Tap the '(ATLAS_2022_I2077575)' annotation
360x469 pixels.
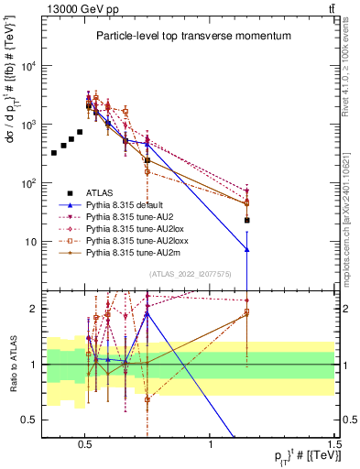coord(190,274)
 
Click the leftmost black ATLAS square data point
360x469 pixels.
coord(54,153)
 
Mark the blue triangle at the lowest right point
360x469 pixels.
coord(246,249)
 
